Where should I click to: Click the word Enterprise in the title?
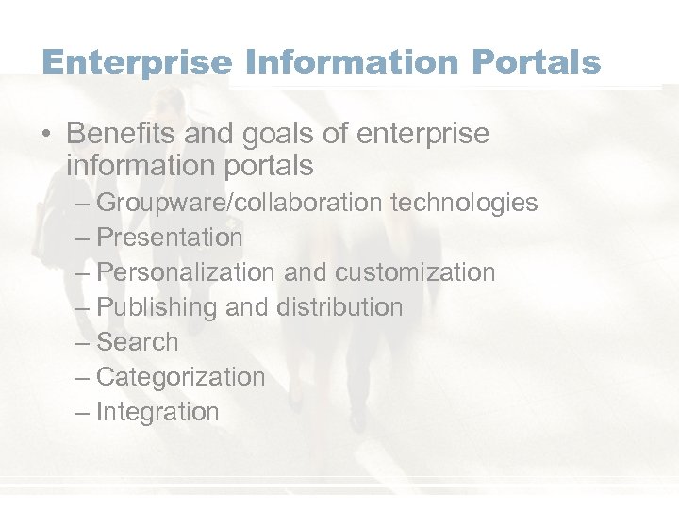click(137, 62)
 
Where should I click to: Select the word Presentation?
click(170, 238)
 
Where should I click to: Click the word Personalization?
click(186, 272)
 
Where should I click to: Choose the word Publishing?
click(157, 307)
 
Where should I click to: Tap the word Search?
click(138, 342)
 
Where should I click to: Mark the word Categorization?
click(181, 377)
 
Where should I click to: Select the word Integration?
click(158, 412)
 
